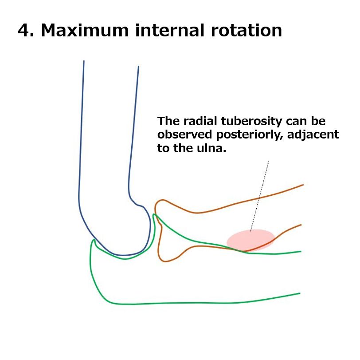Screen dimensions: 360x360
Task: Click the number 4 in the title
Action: [23, 30]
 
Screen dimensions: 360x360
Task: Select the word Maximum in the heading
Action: [85, 30]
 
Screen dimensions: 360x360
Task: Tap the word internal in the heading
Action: [169, 30]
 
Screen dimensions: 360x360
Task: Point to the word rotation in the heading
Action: [247, 30]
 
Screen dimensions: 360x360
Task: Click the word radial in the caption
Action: [200, 121]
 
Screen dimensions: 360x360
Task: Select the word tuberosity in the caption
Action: [251, 121]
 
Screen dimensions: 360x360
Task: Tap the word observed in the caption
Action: [184, 135]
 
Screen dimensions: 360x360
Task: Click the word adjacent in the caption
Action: [313, 135]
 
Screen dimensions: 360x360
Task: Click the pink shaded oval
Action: [251, 240]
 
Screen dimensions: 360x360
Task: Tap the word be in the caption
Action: [318, 121]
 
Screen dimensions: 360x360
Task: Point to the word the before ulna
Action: [183, 148]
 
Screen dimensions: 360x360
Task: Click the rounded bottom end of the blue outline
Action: [123, 255]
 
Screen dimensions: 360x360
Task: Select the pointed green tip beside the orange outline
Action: [154, 215]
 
